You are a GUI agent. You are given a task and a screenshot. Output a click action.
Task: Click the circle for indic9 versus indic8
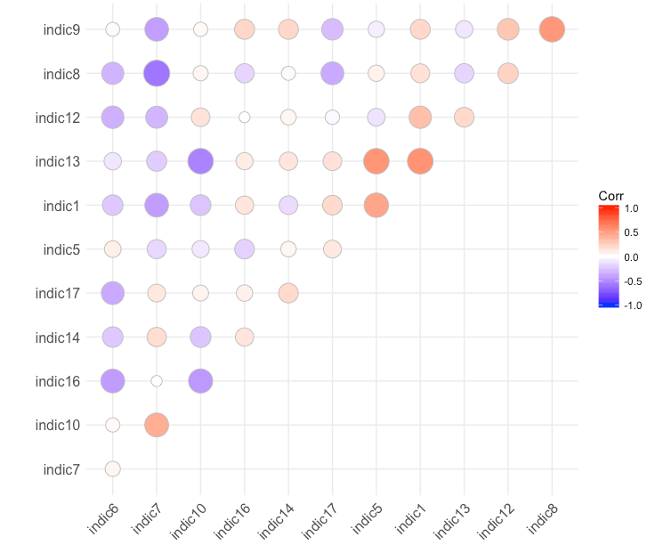[x=552, y=29]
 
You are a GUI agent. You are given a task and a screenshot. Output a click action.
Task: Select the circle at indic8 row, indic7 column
[x=157, y=73]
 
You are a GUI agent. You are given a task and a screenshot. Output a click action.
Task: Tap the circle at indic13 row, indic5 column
[x=376, y=161]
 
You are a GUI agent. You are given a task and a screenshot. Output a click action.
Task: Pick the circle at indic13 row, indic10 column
[x=200, y=161]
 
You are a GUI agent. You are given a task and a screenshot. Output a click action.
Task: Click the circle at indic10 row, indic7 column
[x=157, y=425]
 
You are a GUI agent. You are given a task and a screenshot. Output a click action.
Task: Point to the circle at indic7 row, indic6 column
[x=113, y=468]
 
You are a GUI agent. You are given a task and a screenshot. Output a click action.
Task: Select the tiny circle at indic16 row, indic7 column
[x=157, y=381]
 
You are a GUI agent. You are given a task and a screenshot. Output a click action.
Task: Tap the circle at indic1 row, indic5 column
[x=376, y=205]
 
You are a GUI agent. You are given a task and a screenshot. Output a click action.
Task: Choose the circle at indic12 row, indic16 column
[x=245, y=117]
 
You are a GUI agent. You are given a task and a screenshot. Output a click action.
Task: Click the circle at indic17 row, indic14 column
[x=288, y=293]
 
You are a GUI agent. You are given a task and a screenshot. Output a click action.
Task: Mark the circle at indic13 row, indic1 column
[x=420, y=161]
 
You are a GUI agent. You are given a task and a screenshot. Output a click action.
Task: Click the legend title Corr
[x=611, y=195]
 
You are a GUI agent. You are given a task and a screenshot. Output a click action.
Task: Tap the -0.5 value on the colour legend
[x=631, y=281]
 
